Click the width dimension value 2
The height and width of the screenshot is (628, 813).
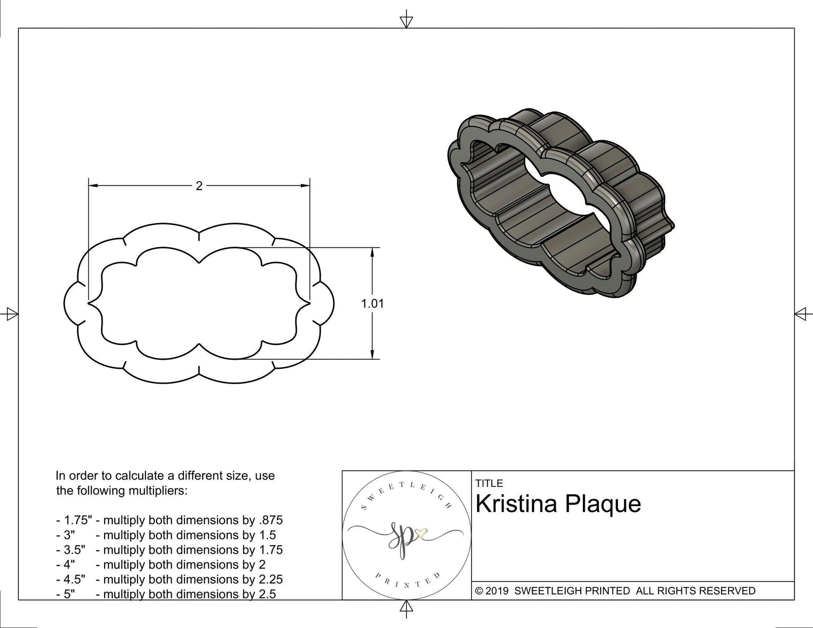[199, 186]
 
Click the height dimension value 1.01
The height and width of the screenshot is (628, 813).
[372, 304]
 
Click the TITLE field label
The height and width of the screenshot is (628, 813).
[489, 483]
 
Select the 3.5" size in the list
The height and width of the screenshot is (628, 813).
[74, 550]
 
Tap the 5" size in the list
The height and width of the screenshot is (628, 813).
[69, 594]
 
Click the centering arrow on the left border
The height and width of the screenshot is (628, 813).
[12, 314]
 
